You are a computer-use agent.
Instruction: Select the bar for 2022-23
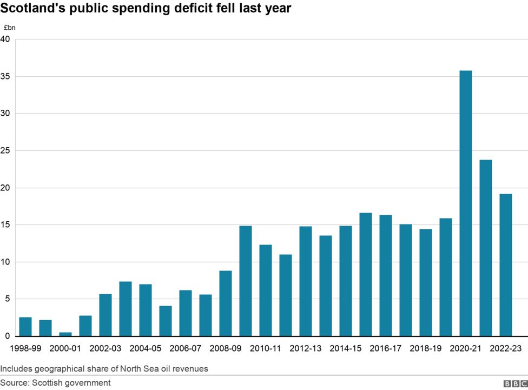pos(505,265)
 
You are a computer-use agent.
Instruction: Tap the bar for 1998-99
pos(25,327)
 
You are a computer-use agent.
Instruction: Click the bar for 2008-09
pos(226,303)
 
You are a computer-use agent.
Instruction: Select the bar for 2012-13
pos(306,281)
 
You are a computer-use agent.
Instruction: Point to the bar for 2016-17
pos(385,276)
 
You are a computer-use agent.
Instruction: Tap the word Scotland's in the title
pos(31,9)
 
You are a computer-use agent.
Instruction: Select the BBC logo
pos(514,384)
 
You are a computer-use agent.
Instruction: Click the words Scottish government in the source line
pos(71,383)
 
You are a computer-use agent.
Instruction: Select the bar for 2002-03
pos(105,315)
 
